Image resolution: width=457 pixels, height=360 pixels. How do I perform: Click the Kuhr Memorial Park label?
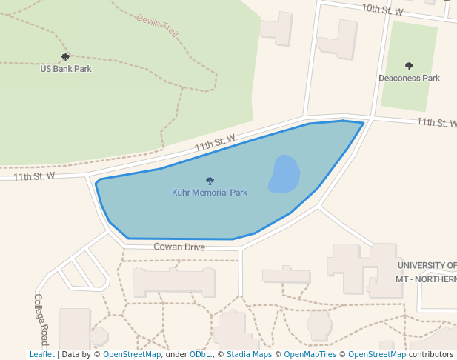[x=210, y=193]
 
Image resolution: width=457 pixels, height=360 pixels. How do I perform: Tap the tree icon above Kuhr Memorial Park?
[x=210, y=181]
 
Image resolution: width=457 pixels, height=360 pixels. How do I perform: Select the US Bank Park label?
[x=66, y=69]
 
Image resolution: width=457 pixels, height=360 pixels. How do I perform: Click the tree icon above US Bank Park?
[x=65, y=57]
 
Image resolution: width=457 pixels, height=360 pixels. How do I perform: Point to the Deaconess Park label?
[x=409, y=78]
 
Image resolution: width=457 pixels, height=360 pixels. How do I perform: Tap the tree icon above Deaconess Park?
[x=409, y=66]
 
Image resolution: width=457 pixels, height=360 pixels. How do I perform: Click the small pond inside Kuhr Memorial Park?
[x=284, y=174]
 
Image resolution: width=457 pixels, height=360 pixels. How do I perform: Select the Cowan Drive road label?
[x=179, y=247]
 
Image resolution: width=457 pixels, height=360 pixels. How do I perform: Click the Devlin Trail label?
[x=157, y=26]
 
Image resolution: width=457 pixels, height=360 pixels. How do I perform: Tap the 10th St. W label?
[x=382, y=10]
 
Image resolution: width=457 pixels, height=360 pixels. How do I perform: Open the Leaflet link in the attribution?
[x=41, y=354]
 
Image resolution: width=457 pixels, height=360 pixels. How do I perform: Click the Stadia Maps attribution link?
[x=249, y=354]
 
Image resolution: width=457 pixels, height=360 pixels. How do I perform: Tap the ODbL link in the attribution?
[x=200, y=354]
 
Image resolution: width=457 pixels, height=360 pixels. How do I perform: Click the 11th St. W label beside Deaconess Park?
[x=436, y=122]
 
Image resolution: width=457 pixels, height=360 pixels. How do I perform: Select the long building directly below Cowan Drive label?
[x=174, y=282]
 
